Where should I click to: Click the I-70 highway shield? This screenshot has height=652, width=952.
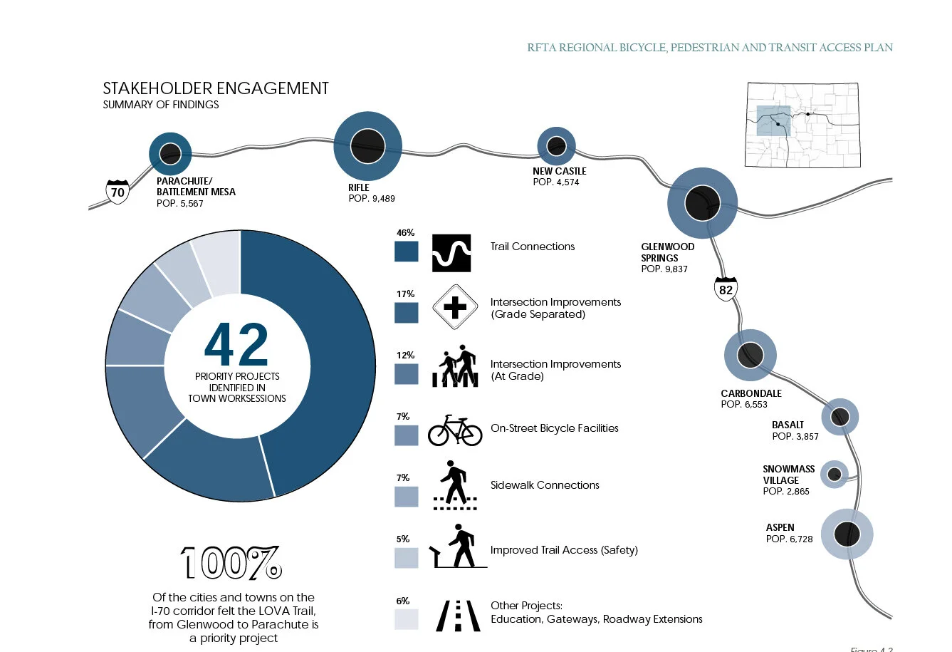point(117,192)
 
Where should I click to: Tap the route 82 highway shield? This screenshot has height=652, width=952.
point(726,289)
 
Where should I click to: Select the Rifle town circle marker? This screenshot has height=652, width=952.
point(368,146)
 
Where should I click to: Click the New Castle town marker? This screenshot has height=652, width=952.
point(556,146)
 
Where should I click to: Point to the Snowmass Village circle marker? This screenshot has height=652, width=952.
point(835,474)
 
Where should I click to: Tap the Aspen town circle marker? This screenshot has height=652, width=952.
point(847,534)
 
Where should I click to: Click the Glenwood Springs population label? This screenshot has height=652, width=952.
point(664,269)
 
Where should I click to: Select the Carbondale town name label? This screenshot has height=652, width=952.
point(751,393)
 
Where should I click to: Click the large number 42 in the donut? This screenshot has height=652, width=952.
point(236,346)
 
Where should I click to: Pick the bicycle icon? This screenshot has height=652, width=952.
point(455,430)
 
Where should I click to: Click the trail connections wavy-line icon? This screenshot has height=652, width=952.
point(451,253)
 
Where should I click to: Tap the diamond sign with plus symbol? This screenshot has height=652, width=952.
point(454,308)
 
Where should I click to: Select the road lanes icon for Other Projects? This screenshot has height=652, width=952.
point(458,616)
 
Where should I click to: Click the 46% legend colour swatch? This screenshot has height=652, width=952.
point(407,252)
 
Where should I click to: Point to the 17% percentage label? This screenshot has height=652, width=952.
point(406,294)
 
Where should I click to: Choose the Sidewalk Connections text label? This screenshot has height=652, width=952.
point(545,485)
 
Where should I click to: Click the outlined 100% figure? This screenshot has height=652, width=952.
point(231,564)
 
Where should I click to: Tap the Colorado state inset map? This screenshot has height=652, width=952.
point(802,125)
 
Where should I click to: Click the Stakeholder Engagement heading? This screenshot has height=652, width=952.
point(216,88)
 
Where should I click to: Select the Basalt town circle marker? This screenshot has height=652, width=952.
point(840,417)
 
